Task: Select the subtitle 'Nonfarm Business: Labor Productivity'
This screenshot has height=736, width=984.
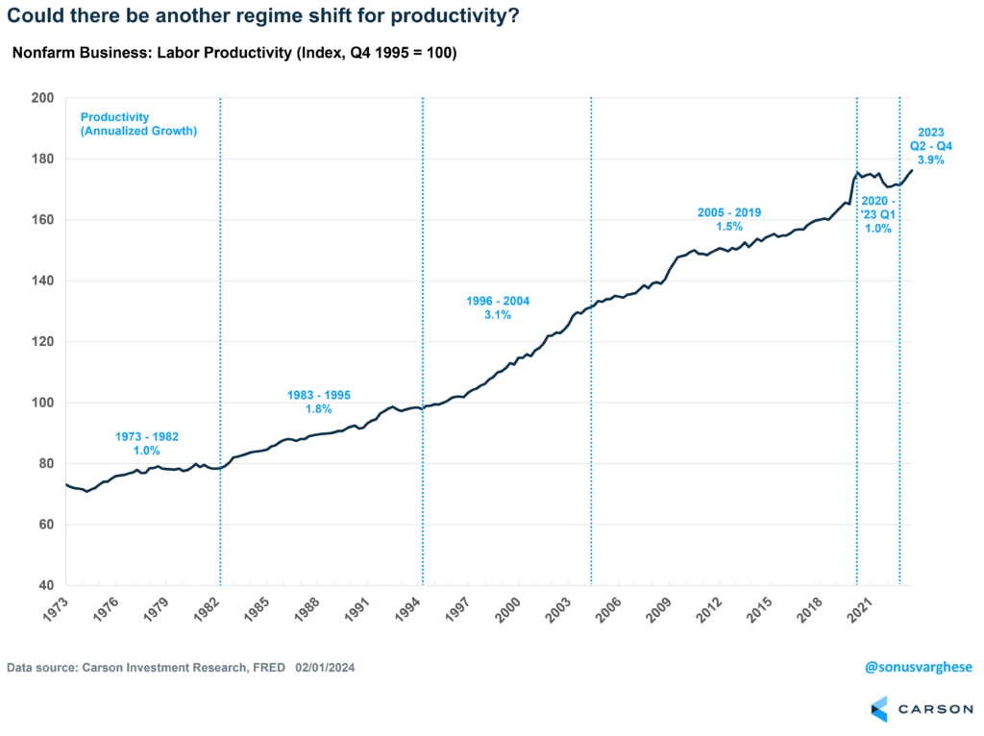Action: pyautogui.click(x=234, y=53)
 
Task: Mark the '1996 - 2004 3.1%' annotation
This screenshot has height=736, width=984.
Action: pyautogui.click(x=498, y=307)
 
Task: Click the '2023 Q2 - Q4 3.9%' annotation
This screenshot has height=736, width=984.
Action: pyautogui.click(x=927, y=147)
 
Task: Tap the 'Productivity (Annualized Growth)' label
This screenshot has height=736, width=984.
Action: pyautogui.click(x=138, y=124)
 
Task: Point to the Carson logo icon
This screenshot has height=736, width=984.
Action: pyautogui.click(x=879, y=710)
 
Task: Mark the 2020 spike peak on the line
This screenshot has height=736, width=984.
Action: pyautogui.click(x=857, y=172)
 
